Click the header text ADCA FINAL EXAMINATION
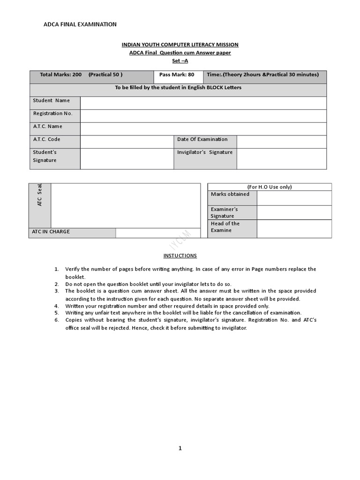[80, 24]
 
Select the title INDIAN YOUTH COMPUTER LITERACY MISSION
[180, 45]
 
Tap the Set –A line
[180, 61]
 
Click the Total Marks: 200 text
[61, 75]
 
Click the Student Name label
[52, 100]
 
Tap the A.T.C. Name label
[48, 126]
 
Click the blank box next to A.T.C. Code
[127, 142]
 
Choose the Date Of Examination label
[202, 139]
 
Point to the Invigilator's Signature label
[205, 152]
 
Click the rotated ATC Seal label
[40, 195]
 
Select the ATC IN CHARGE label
[51, 232]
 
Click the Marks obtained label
[230, 194]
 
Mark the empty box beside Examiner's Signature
[294, 212]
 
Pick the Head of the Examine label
[225, 227]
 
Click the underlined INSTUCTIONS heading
[180, 255]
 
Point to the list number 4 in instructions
[56, 306]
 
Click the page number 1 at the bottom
[180, 448]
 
